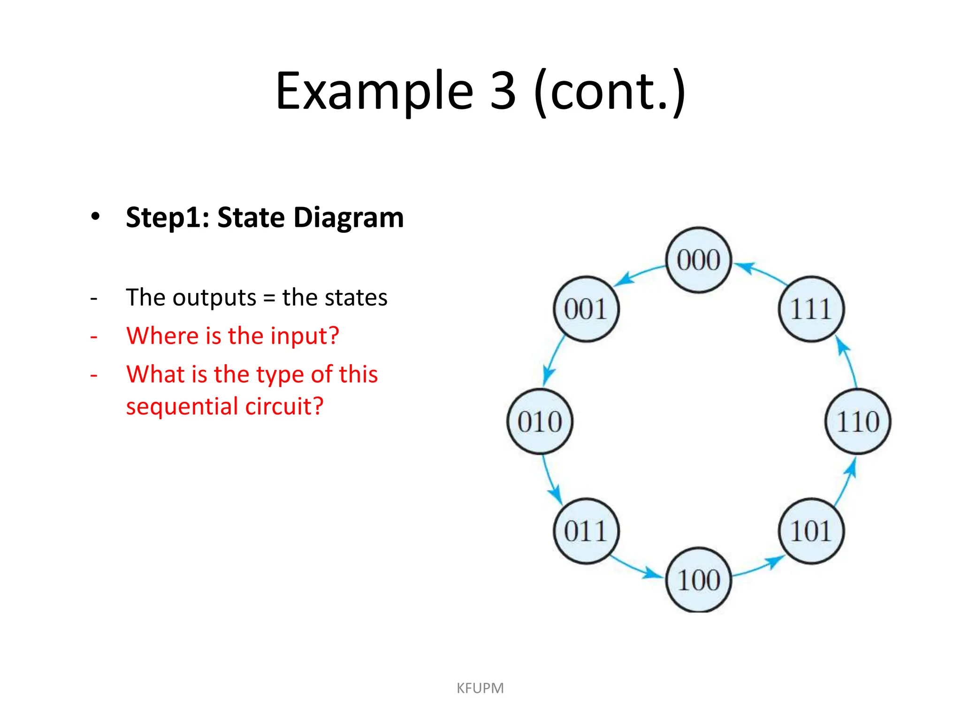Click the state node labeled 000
click(x=699, y=260)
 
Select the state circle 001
click(x=586, y=309)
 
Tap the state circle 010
click(x=540, y=422)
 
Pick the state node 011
click(x=586, y=531)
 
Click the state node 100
click(x=699, y=580)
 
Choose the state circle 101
click(x=811, y=531)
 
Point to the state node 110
click(x=858, y=422)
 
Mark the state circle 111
click(x=811, y=309)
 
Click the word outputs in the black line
click(x=214, y=298)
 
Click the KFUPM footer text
click(x=480, y=688)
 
